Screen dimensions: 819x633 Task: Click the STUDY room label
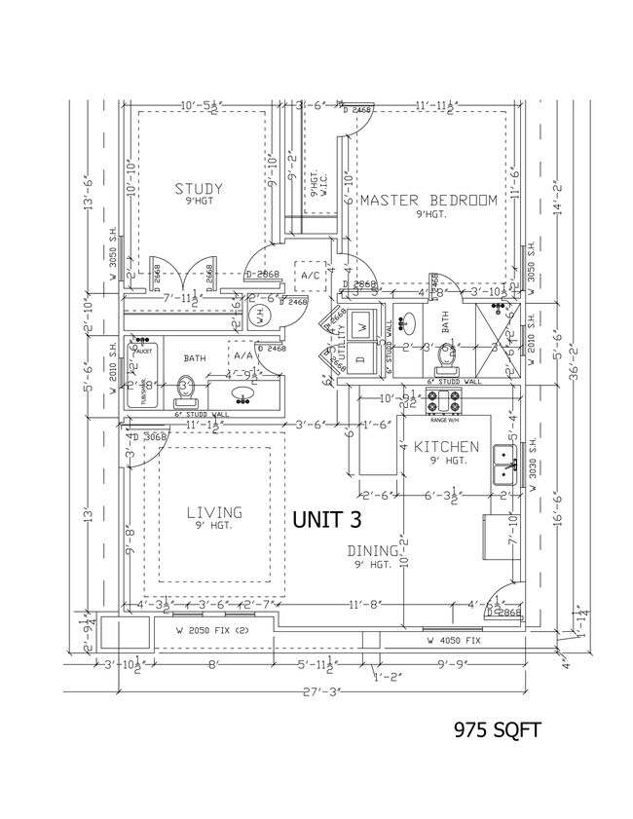(x=200, y=189)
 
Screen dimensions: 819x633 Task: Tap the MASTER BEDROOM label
(x=428, y=200)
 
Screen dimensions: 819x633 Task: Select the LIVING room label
(x=214, y=512)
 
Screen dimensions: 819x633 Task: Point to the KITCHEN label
(x=447, y=447)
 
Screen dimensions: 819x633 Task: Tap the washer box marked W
(x=363, y=323)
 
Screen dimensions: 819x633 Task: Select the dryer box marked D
(x=362, y=357)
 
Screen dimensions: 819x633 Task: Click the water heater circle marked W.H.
(x=259, y=315)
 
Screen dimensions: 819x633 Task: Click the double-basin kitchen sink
(x=504, y=465)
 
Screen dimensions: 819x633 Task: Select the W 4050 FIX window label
(x=453, y=642)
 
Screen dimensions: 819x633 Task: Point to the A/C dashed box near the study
(x=311, y=276)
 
